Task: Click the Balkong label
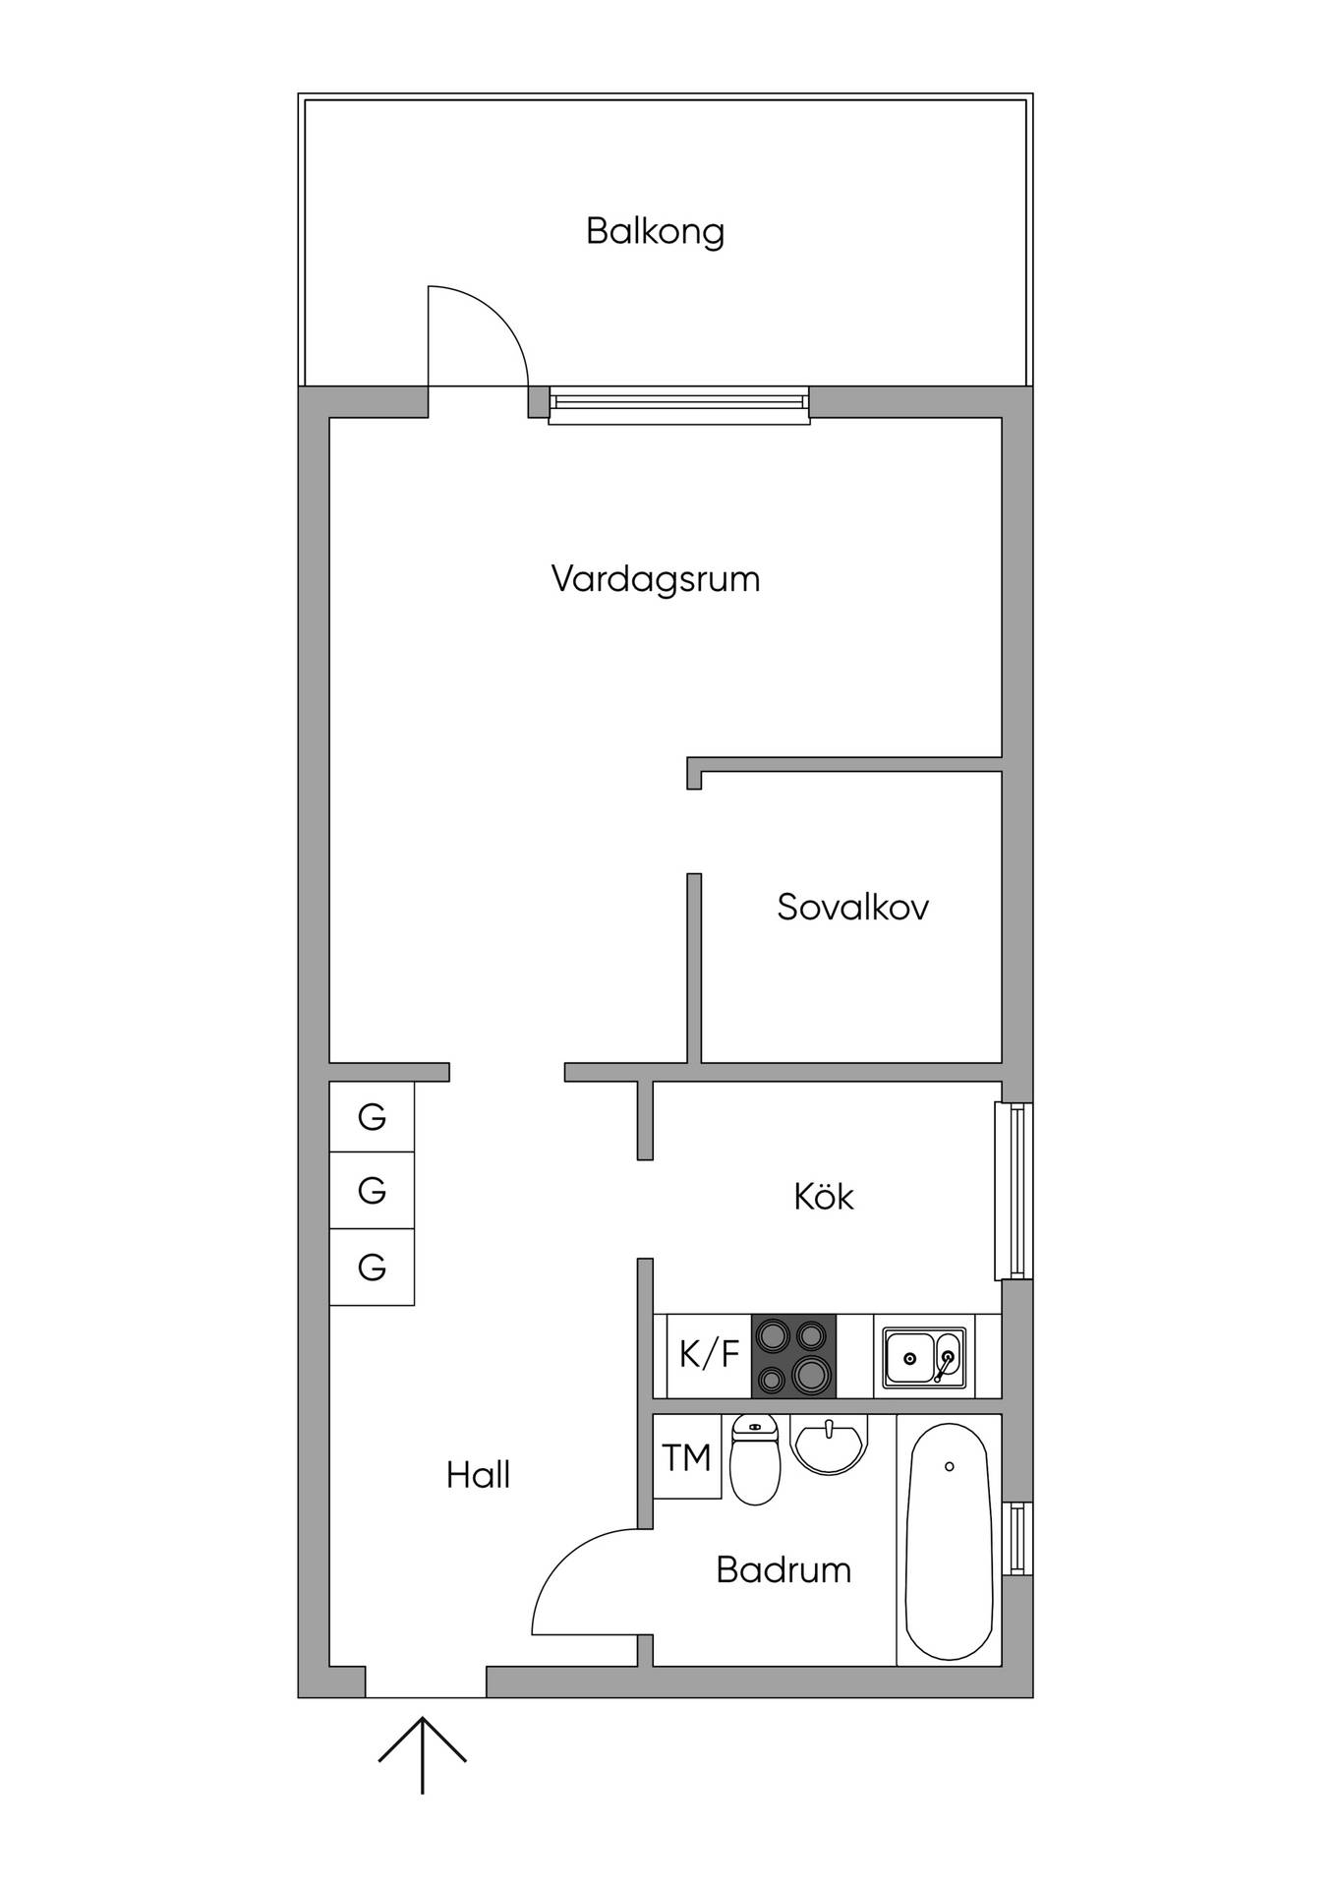(655, 231)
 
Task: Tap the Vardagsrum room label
(656, 579)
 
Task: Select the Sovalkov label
(852, 907)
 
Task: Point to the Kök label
(824, 1196)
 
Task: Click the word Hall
(478, 1475)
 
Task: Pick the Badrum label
(783, 1569)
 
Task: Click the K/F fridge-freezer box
(709, 1355)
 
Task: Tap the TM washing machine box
(687, 1456)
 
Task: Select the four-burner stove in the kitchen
(794, 1355)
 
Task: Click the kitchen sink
(924, 1357)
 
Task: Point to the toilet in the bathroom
(755, 1460)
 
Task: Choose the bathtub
(948, 1541)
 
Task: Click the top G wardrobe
(372, 1117)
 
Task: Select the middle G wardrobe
(372, 1191)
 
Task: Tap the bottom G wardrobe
(372, 1267)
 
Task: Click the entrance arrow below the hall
(423, 1755)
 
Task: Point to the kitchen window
(1015, 1191)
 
